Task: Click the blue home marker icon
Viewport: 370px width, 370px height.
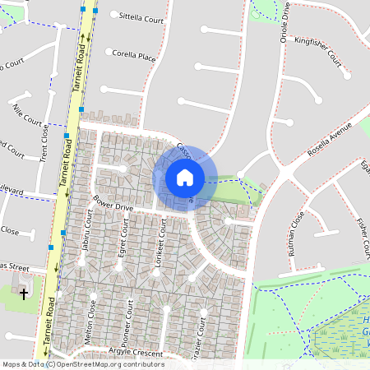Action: (x=185, y=177)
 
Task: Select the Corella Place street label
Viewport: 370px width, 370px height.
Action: (x=135, y=57)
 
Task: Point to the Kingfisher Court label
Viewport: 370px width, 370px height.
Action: (x=317, y=50)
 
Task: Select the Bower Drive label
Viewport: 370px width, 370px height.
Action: (x=113, y=202)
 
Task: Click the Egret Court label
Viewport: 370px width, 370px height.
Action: (x=123, y=247)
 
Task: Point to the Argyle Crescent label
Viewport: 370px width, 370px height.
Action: (x=136, y=351)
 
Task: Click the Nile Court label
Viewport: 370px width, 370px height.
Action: (x=27, y=113)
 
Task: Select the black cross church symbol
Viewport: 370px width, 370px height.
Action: (x=24, y=292)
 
